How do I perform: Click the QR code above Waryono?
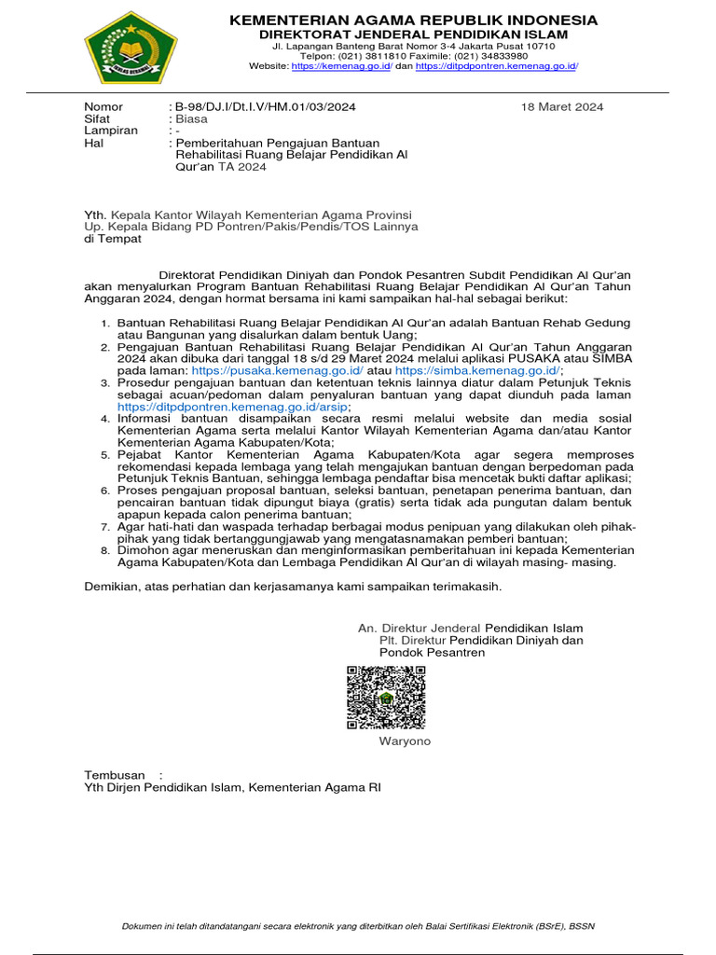point(386,698)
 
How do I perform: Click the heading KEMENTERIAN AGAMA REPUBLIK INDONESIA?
point(413,20)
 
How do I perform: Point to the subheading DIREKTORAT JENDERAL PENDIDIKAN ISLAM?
point(413,35)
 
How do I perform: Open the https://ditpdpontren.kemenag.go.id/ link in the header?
point(497,66)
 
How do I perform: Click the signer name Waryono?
point(405,741)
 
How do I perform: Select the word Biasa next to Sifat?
point(190,119)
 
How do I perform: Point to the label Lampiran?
point(111,131)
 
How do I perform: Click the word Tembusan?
point(115,775)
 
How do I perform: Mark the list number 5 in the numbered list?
point(105,455)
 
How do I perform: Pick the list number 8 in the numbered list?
point(105,551)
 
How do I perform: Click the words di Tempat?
point(113,239)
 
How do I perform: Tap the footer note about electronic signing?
point(358,926)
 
